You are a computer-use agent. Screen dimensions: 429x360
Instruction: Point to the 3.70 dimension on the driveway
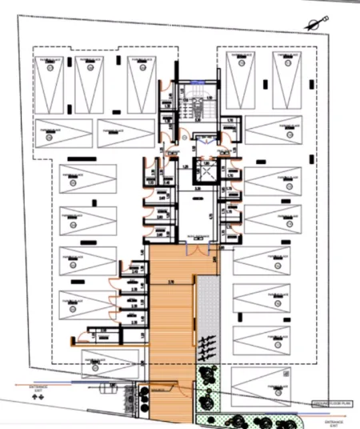click(x=170, y=281)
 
